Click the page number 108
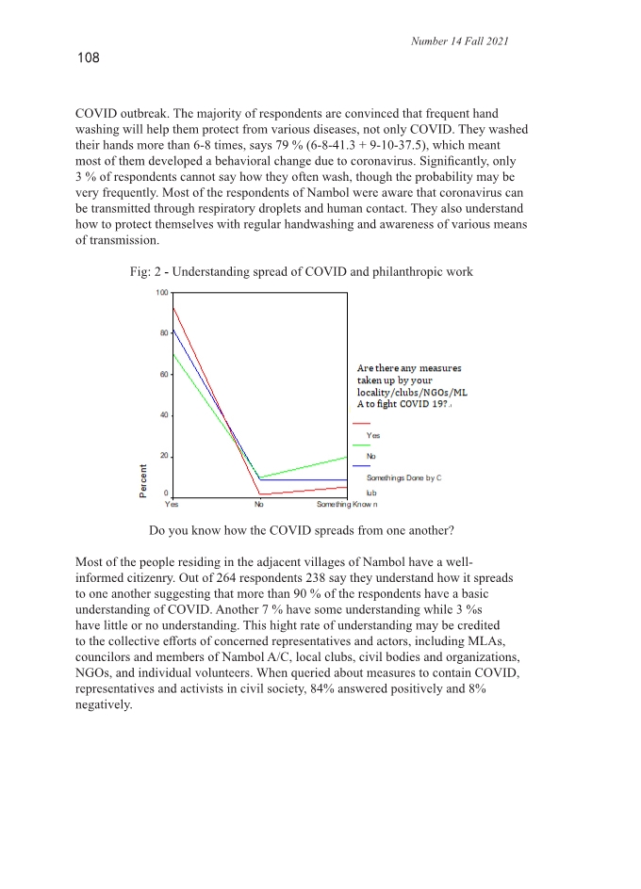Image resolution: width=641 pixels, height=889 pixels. tap(87, 59)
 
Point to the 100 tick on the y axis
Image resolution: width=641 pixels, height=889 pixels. tap(162, 293)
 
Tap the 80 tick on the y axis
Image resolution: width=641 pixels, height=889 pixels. tap(164, 333)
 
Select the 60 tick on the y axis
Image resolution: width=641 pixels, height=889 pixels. tap(164, 375)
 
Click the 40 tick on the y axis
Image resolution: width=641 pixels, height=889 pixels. tap(164, 415)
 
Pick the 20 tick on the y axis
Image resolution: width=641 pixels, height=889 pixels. tap(164, 456)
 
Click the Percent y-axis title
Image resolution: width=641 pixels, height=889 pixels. tap(143, 482)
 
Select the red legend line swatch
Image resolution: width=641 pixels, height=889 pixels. tap(361, 424)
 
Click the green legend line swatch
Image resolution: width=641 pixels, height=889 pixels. tap(361, 444)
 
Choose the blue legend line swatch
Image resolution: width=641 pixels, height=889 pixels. tap(361, 465)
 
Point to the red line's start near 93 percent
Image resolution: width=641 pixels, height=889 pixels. tap(173, 308)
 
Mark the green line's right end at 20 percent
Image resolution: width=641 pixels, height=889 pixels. tap(347, 457)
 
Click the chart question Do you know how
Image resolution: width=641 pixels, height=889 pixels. tap(302, 530)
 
